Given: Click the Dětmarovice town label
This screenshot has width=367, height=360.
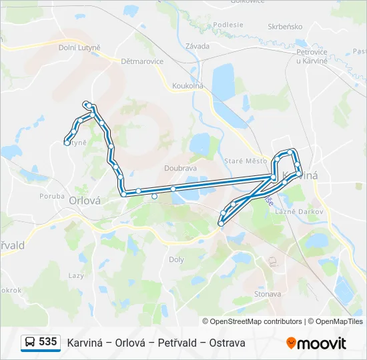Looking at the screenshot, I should pos(142,61).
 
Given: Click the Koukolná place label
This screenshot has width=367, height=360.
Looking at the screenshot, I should pos(188,85).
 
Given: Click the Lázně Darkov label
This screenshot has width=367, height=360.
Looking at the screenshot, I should pos(304,211).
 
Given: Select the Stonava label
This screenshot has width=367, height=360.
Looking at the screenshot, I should pos(268,293).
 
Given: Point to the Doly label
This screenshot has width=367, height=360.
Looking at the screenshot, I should pos(177,259).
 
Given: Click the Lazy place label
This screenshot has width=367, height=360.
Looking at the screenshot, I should pos(76,275).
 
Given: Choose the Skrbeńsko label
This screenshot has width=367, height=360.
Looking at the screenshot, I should pos(285,27).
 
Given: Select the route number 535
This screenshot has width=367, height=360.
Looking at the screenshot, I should pos(48,342).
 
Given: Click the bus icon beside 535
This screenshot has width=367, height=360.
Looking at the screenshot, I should pos(30,343).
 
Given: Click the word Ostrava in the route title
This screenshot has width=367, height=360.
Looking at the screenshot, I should pos(227,343).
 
